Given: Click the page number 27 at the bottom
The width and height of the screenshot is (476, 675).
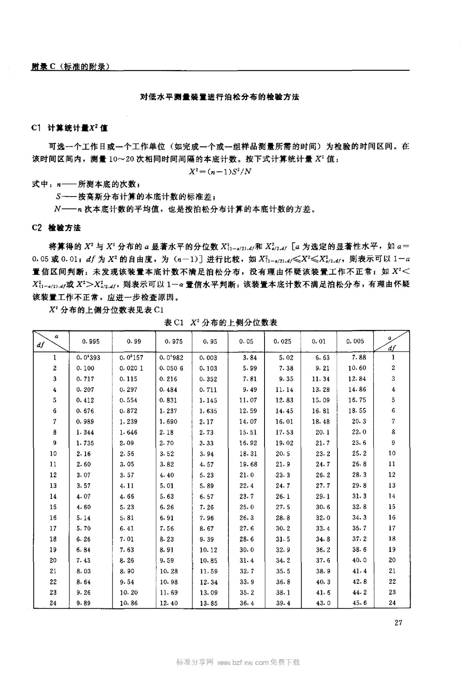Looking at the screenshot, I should (x=398, y=622).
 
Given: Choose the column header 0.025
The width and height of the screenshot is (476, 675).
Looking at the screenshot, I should (x=282, y=341).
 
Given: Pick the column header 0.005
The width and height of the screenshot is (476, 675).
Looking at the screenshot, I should (x=355, y=341).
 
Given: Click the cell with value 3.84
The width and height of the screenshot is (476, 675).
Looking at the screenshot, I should (x=250, y=357).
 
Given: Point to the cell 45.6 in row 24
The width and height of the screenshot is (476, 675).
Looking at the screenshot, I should (x=359, y=603).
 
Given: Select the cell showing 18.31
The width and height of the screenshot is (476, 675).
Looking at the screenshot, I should (x=248, y=454).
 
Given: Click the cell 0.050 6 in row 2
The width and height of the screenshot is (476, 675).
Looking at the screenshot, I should (x=171, y=368).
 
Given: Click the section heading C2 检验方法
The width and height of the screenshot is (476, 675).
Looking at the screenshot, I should (x=56, y=228).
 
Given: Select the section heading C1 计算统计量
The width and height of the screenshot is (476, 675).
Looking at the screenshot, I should (x=70, y=128).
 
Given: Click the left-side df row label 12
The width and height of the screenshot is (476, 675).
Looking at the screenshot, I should (x=53, y=475).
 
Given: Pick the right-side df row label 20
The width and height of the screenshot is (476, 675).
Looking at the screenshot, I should (x=392, y=560).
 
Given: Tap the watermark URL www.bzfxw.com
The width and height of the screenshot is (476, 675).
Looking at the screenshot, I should (x=242, y=662).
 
